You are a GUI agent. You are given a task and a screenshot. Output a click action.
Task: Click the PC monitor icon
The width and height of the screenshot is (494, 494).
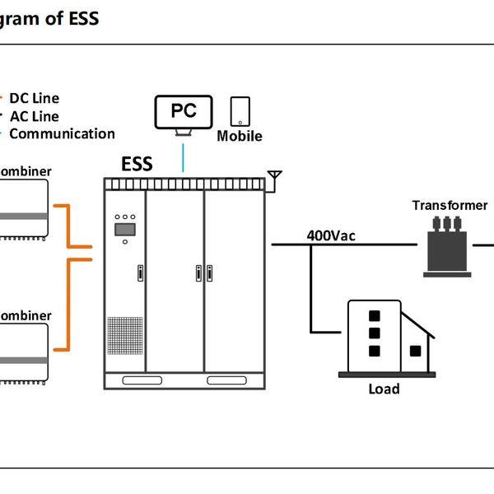click(x=184, y=112)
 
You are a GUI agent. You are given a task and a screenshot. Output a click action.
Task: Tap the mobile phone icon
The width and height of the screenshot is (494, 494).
click(x=240, y=111)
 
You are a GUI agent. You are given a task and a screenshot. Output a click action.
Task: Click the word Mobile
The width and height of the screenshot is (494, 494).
click(x=240, y=136)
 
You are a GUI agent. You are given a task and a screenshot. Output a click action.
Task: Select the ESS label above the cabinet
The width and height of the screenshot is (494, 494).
click(x=137, y=163)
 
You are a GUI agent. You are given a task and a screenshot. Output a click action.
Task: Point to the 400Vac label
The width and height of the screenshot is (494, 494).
click(x=332, y=235)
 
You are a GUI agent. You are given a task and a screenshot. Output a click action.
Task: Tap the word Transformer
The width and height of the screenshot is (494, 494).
click(x=450, y=205)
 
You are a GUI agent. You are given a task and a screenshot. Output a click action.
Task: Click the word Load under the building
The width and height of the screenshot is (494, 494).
click(x=384, y=389)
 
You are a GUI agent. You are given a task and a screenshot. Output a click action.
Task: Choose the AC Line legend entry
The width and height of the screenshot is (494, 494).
click(x=35, y=116)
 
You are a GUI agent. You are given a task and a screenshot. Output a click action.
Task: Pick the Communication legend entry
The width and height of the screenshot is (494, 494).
click(x=62, y=133)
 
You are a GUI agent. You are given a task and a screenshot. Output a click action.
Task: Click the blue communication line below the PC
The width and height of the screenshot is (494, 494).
click(x=184, y=156)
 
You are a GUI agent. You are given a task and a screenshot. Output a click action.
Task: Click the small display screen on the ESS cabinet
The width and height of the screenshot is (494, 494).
click(x=125, y=230)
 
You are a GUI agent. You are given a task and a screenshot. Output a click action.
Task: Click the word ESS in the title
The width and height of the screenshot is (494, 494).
click(x=82, y=17)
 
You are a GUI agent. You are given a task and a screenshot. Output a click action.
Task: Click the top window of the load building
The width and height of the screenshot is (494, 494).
click(x=374, y=315)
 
